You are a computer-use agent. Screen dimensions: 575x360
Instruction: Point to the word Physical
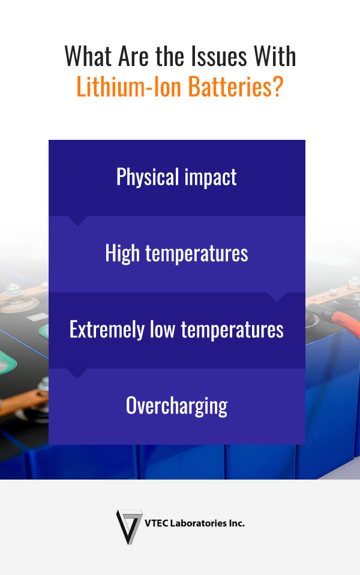148,178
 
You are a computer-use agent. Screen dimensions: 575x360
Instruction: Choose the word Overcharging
177,406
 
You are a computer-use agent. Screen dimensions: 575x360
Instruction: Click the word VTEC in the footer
157,523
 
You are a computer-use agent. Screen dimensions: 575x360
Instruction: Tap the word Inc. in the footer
236,523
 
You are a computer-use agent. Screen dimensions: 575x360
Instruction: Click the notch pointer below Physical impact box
77,221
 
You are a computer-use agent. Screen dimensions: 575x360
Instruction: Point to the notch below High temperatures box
277,297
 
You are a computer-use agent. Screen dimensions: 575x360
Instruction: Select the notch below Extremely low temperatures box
77,373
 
